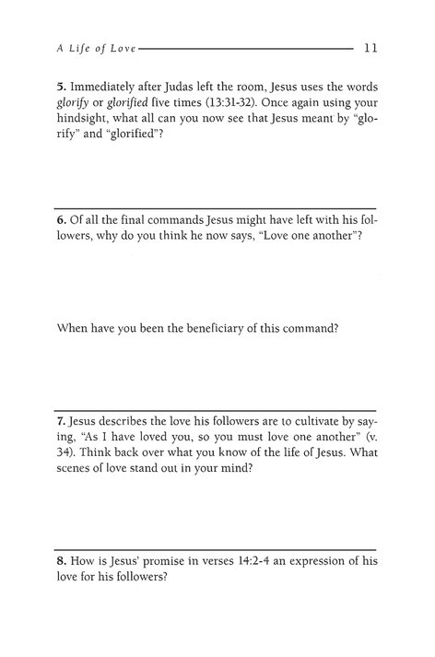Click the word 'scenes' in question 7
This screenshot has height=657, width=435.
coord(78,487)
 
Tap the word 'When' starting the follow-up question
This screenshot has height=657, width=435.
coord(74,327)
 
